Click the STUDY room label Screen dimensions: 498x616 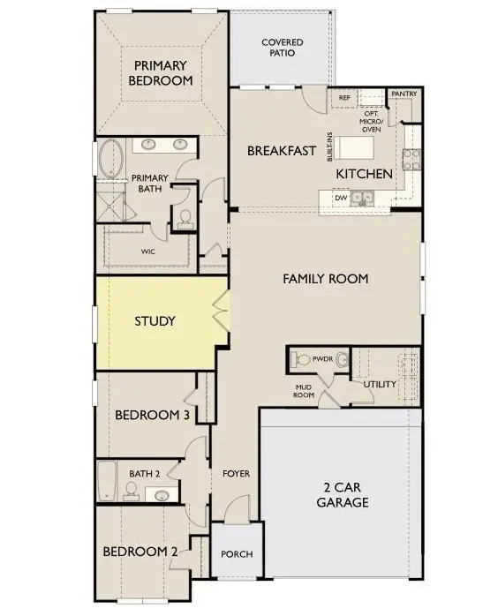click(155, 321)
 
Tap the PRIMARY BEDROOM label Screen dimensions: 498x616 click(161, 72)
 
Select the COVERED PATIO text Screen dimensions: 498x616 click(283, 47)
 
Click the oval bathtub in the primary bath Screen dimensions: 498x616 click(110, 159)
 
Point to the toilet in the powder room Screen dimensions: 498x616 click(300, 359)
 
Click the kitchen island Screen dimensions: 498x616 click(353, 147)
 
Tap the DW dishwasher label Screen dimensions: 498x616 click(341, 198)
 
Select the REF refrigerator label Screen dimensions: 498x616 click(344, 97)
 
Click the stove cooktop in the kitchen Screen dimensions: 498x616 click(411, 160)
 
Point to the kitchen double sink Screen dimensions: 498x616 click(362, 198)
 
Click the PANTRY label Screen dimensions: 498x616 click(404, 94)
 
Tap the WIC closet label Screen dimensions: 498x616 click(148, 252)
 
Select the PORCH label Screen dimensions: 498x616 click(237, 554)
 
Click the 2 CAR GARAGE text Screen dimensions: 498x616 click(343, 494)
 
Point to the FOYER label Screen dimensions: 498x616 click(236, 473)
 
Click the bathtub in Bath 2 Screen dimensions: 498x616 click(107, 481)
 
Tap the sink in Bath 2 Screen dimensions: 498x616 click(162, 495)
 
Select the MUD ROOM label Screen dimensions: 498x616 click(304, 391)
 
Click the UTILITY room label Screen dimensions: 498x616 click(380, 384)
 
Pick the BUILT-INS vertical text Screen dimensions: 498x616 click(329, 146)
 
